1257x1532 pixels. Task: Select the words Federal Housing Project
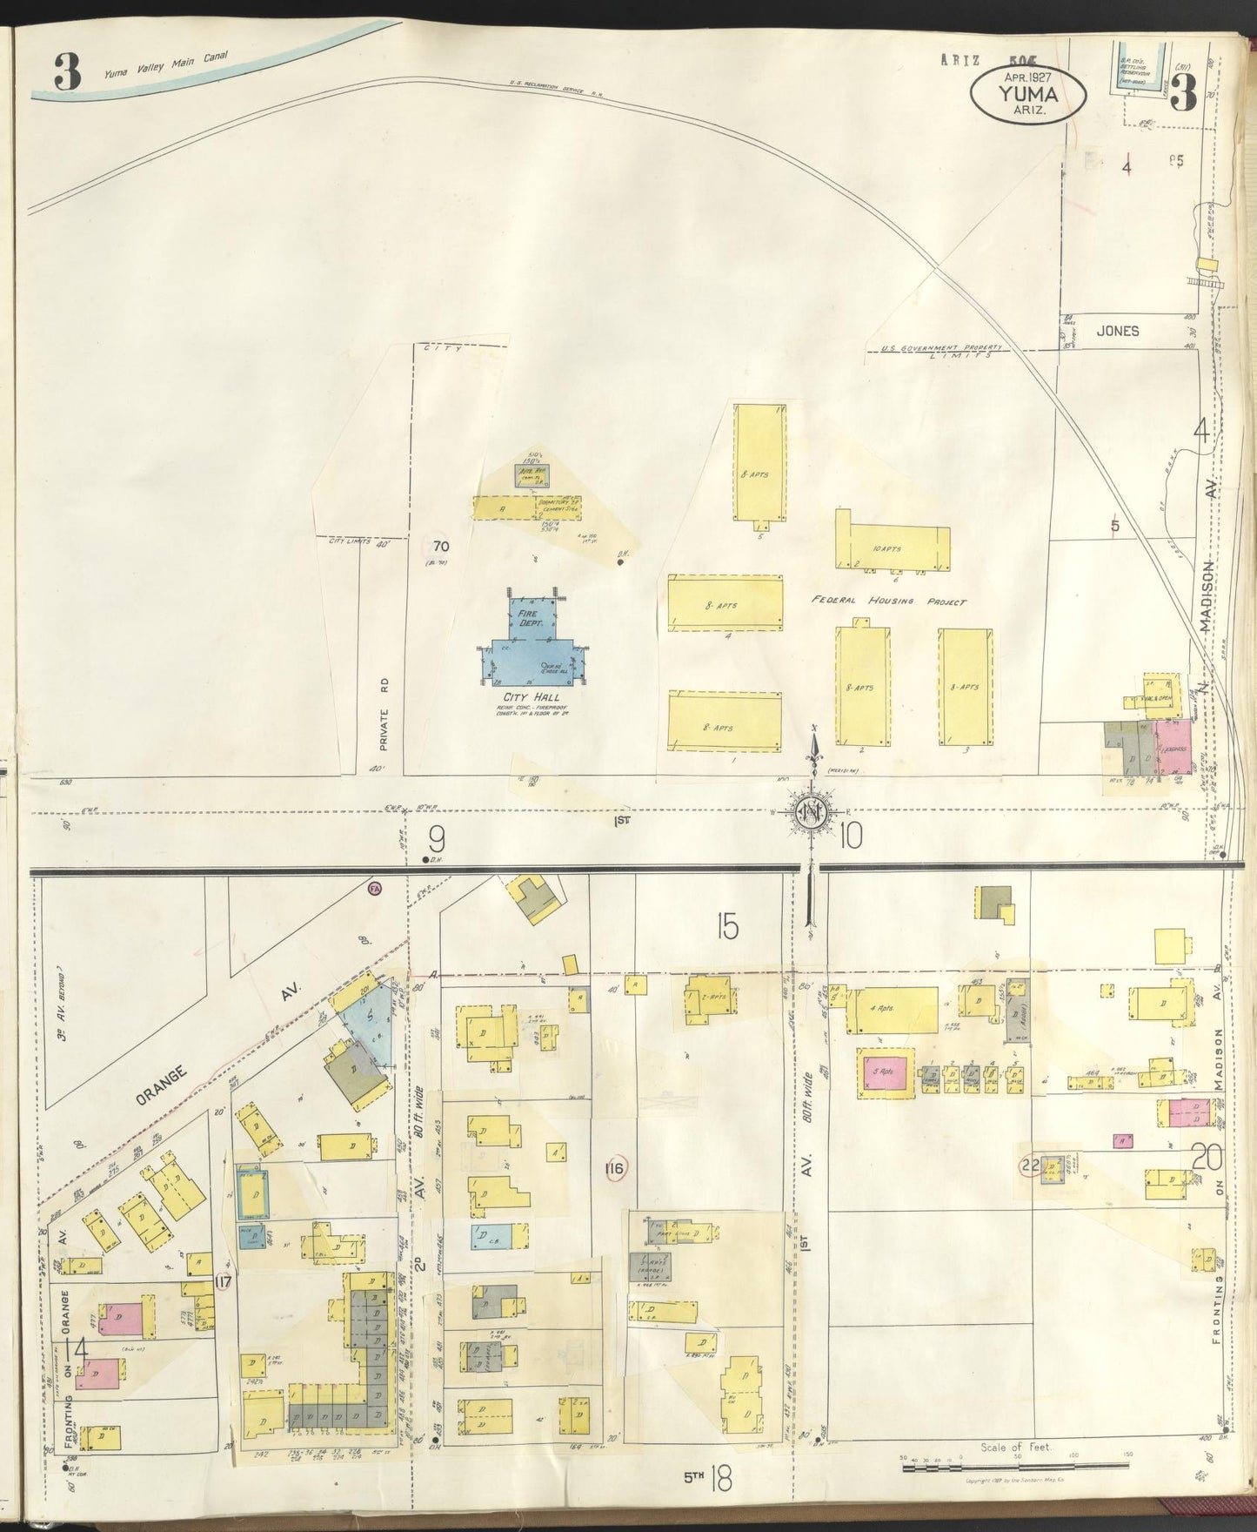pyautogui.click(x=889, y=601)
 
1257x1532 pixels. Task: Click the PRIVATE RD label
pyautogui.click(x=384, y=727)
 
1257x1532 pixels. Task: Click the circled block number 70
pyautogui.click(x=441, y=548)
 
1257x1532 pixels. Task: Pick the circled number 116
pyautogui.click(x=614, y=1168)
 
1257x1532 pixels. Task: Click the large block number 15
pyautogui.click(x=727, y=927)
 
